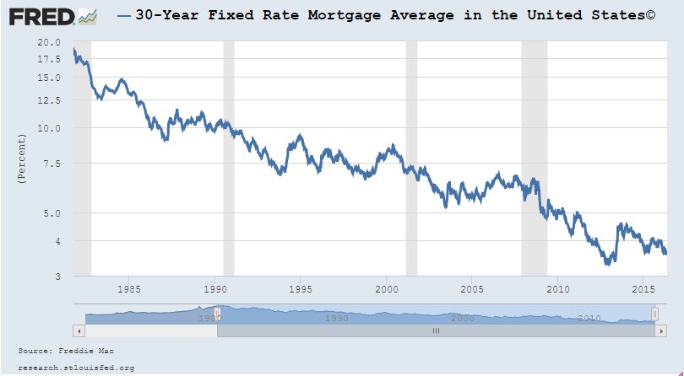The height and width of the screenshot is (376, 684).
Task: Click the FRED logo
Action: tap(51, 16)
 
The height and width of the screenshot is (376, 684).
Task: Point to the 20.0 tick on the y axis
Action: tap(49, 42)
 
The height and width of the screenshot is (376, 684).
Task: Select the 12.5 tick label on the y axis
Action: tap(49, 100)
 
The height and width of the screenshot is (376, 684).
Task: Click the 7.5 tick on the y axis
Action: tap(52, 164)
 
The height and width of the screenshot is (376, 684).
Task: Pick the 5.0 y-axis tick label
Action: tap(52, 213)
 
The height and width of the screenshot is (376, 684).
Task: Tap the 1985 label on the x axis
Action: tap(129, 289)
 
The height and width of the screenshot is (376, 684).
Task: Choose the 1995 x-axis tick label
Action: tap(301, 289)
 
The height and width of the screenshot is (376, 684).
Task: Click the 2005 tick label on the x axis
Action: tap(471, 289)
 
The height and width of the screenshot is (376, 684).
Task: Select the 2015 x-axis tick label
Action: tap(642, 289)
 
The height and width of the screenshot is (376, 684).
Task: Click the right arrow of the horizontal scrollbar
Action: tap(661, 331)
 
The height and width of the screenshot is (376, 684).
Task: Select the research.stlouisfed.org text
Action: tap(76, 368)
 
